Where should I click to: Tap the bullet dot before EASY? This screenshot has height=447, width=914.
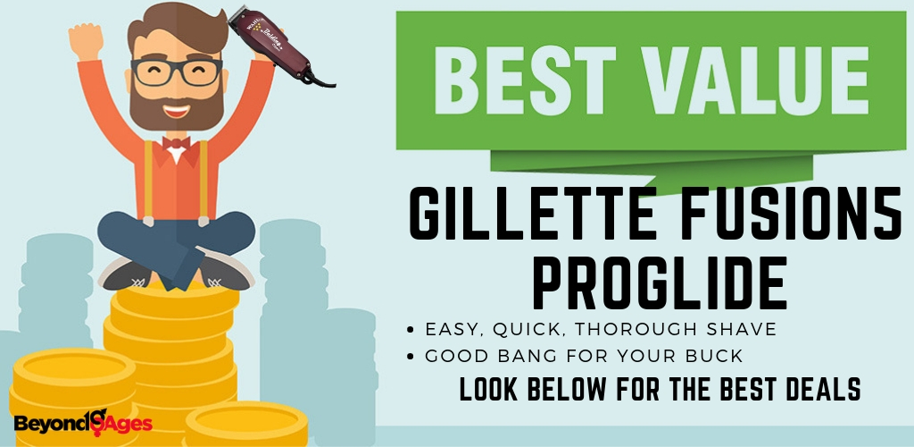pyautogui.click(x=411, y=330)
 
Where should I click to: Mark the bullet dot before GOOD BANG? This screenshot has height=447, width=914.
pyautogui.click(x=411, y=357)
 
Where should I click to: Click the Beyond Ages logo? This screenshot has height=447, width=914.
pyautogui.click(x=83, y=422)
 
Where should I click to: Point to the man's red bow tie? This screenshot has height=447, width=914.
pyautogui.click(x=176, y=142)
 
